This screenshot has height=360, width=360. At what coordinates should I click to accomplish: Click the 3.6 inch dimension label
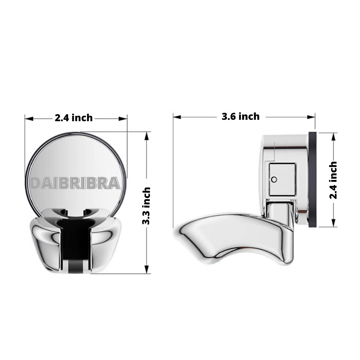coord(241,116)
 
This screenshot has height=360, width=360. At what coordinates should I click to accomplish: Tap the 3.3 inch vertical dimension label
coord(146,206)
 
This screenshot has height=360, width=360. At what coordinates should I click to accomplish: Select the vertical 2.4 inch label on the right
coord(333,180)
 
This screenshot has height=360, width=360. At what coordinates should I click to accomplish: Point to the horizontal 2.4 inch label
coord(74,118)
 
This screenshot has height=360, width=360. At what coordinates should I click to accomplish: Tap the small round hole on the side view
coord(273,179)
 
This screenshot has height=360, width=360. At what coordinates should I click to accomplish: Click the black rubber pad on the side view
coord(313,179)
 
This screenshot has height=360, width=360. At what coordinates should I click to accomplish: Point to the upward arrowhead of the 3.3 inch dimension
coord(147,136)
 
